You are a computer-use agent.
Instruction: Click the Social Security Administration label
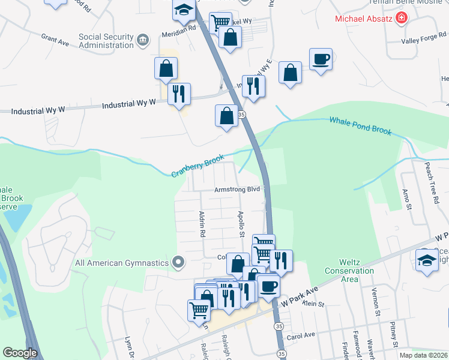(x=106, y=41)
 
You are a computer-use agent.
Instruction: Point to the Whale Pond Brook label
(x=360, y=126)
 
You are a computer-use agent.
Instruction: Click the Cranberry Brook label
(x=197, y=167)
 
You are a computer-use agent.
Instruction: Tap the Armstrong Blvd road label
(x=238, y=190)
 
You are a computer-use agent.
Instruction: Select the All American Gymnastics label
(x=122, y=262)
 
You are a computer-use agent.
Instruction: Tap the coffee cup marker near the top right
(x=321, y=60)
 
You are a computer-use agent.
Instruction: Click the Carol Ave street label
(x=301, y=336)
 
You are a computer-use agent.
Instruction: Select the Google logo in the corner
(x=20, y=353)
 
